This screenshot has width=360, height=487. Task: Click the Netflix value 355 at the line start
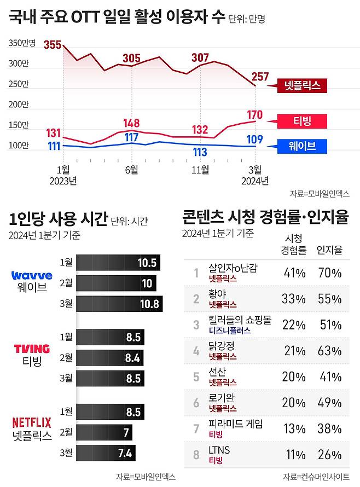(x=53, y=45)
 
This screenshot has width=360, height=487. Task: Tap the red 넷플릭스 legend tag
(x=301, y=86)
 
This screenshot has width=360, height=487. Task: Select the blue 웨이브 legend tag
(x=300, y=146)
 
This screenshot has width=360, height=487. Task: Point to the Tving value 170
(x=255, y=115)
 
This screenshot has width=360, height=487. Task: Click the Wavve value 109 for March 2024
(x=255, y=140)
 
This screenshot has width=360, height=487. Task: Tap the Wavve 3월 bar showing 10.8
(x=119, y=304)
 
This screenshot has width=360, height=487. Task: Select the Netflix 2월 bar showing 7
(x=104, y=433)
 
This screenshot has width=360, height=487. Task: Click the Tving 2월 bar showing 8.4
(x=110, y=358)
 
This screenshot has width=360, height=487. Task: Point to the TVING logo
(x=31, y=349)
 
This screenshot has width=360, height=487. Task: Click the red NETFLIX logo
(x=32, y=422)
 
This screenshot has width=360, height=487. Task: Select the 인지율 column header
(x=330, y=250)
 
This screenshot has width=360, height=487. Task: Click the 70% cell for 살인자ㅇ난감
(x=330, y=273)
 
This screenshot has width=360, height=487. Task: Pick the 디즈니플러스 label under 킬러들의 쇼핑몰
(x=229, y=331)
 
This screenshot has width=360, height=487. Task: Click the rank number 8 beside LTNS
(x=196, y=455)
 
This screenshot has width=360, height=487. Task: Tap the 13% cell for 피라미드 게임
(x=294, y=428)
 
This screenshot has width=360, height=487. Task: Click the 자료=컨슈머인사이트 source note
(x=316, y=477)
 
